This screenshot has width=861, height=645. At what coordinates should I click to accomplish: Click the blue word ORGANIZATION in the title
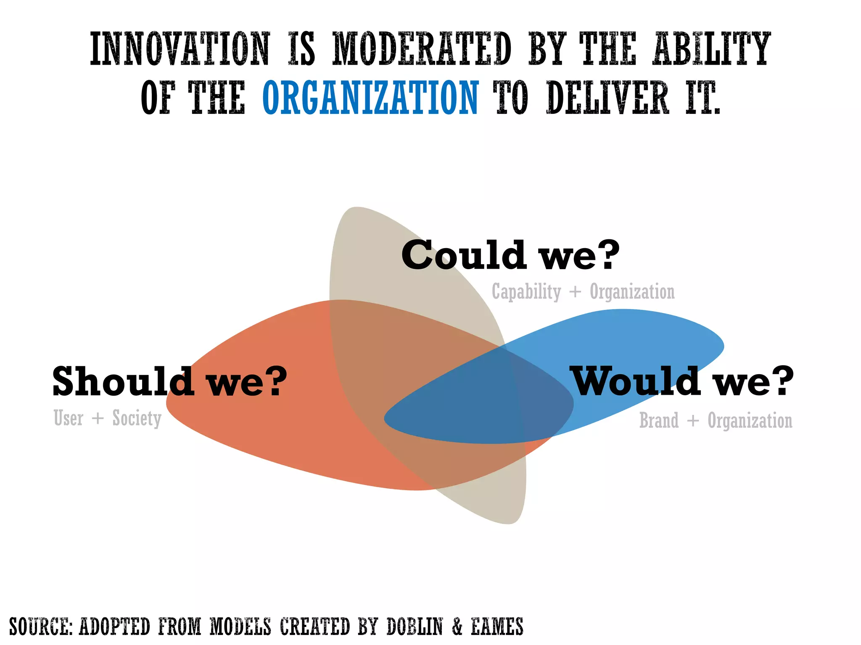click(370, 98)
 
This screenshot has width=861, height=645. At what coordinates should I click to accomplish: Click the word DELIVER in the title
click(607, 98)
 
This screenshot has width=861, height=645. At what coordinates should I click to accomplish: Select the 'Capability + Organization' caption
click(583, 291)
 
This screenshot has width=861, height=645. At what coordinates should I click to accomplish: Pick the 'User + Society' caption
click(108, 418)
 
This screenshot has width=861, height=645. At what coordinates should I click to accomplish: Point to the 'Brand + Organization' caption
click(716, 420)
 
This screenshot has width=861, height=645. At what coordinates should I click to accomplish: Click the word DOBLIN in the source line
click(415, 627)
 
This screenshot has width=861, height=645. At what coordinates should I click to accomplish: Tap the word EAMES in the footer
click(497, 627)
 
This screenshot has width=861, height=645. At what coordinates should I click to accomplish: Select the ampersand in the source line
click(457, 627)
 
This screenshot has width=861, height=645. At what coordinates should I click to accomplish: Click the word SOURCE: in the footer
click(41, 627)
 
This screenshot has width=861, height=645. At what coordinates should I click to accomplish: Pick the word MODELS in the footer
click(240, 627)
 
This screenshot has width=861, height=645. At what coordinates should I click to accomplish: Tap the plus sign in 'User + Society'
click(98, 419)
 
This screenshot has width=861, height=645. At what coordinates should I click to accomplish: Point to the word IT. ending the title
click(703, 98)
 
